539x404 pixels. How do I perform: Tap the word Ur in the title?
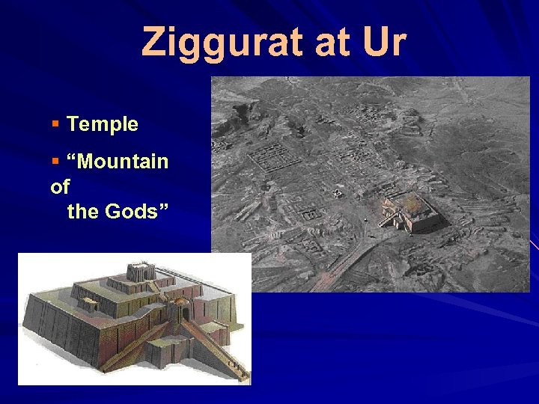click(x=381, y=43)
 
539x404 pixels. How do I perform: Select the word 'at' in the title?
click(x=332, y=43)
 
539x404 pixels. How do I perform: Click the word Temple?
click(x=103, y=124)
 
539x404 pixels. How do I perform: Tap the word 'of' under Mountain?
click(x=60, y=186)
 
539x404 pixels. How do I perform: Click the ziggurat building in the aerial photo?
click(x=415, y=211)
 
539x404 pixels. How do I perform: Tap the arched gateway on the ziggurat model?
click(x=179, y=310)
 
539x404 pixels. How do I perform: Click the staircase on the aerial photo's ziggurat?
click(x=389, y=218)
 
